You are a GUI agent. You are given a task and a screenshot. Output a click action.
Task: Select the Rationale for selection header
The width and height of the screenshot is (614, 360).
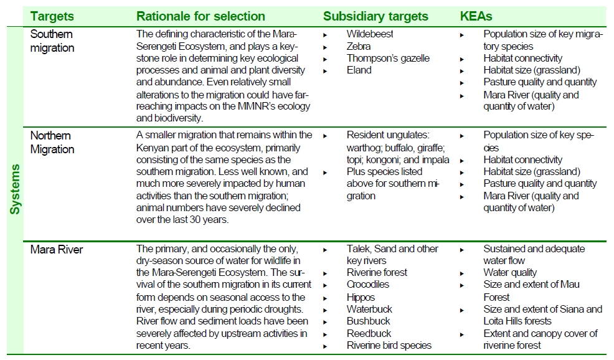pyautogui.click(x=201, y=16)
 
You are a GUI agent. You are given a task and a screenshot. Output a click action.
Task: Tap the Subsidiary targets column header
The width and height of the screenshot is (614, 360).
pyautogui.click(x=375, y=16)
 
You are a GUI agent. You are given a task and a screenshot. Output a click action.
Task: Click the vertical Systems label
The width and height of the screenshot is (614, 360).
pyautogui.click(x=15, y=189)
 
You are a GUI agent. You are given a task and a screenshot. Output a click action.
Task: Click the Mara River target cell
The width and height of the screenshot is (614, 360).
pyautogui.click(x=57, y=250)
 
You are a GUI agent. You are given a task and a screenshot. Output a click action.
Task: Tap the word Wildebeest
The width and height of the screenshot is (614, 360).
pyautogui.click(x=370, y=34)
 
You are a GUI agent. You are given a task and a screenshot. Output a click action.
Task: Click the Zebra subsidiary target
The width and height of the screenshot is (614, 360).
pyautogui.click(x=359, y=46)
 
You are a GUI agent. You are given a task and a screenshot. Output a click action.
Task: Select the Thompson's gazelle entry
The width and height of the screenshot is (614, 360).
pyautogui.click(x=388, y=58)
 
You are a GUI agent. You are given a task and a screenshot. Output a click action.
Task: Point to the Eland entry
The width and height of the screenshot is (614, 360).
pyautogui.click(x=359, y=70)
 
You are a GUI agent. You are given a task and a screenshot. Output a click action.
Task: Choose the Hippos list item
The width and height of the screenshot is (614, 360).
pyautogui.click(x=361, y=297)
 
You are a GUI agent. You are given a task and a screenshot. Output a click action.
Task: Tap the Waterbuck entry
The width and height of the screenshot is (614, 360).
pyautogui.click(x=369, y=309)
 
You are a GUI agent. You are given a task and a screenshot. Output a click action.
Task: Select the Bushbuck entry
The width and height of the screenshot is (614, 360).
pyautogui.click(x=368, y=321)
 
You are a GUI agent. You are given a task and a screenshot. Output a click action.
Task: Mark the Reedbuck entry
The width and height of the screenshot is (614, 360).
pyautogui.click(x=369, y=333)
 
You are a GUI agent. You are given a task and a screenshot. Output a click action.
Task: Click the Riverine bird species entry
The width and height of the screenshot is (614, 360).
pyautogui.click(x=389, y=345)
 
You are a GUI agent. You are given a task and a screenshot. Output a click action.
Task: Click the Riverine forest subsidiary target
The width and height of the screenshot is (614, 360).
pyautogui.click(x=377, y=273)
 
